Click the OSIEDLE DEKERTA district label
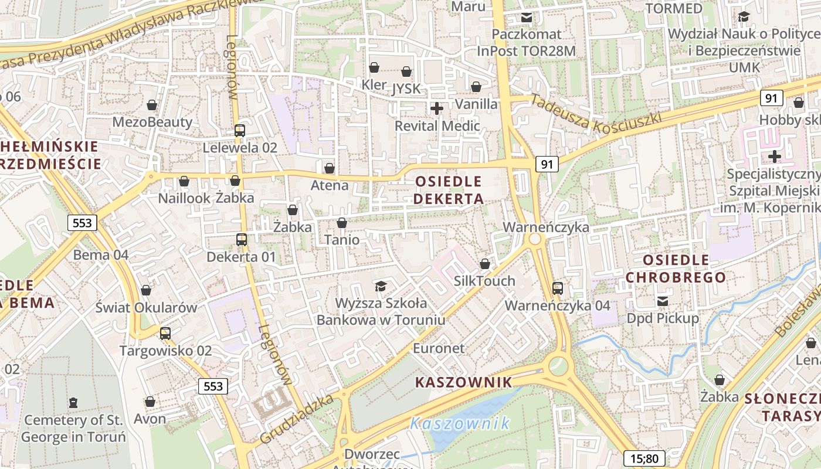coord(449,190)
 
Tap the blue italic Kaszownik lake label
coord(460,423)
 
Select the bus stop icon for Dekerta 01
coord(241,239)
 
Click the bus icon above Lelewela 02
coord(239,130)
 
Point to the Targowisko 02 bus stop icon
coord(165,334)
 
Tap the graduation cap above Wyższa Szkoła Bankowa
coord(381,286)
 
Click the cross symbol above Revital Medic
coord(437,108)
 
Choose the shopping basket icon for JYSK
coord(406,72)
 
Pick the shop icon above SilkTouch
coord(484,264)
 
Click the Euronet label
coord(439,348)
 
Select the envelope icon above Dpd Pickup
coord(663,301)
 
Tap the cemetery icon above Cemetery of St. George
coord(73,403)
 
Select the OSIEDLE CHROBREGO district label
coord(676,268)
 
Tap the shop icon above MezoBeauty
coord(152,105)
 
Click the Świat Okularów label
coord(146,307)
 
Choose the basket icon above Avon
coord(150,402)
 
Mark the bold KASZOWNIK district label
coord(463,383)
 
